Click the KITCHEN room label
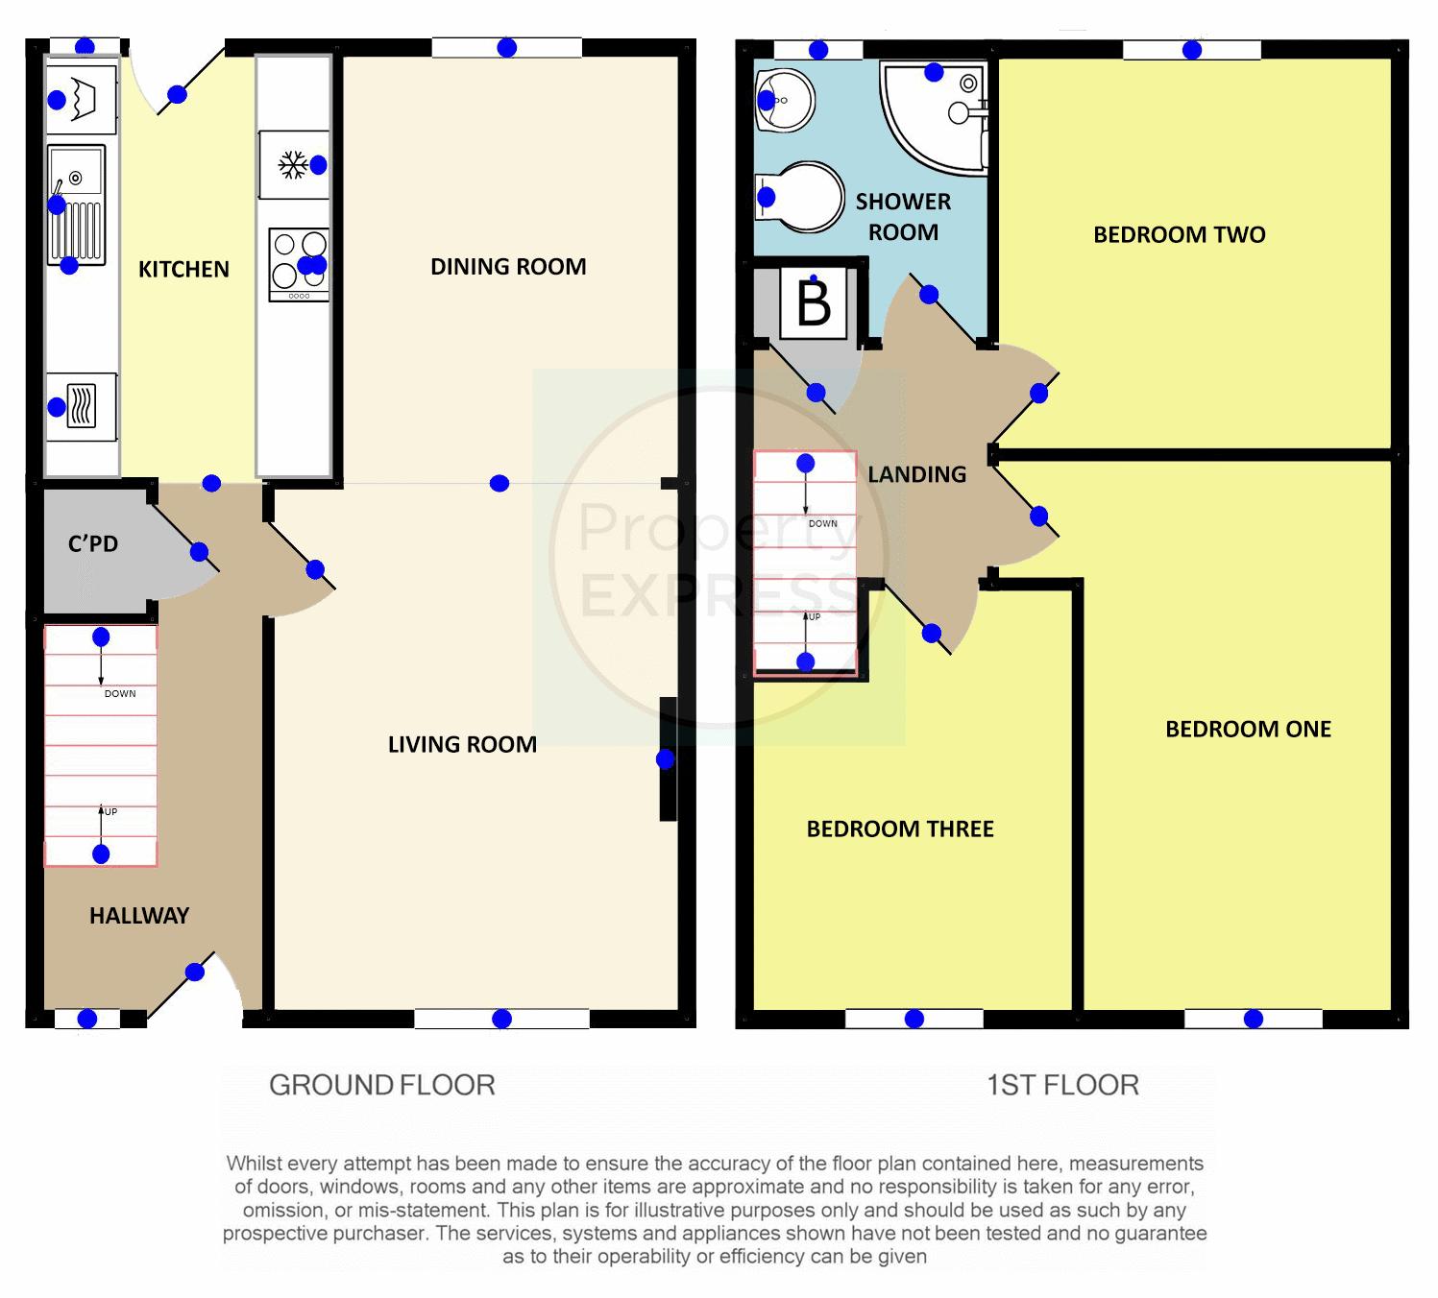point(183,270)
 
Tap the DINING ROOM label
point(508,267)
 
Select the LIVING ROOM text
point(462,745)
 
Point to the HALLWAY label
point(139,915)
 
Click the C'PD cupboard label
point(93,544)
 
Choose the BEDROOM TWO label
point(1180,234)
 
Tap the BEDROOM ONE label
point(1248,729)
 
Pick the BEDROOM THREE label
point(900,829)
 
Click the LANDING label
point(916,474)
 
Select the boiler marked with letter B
point(814,304)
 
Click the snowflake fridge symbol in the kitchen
point(293,165)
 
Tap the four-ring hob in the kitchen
point(299,264)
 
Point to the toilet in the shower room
point(799,197)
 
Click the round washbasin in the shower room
point(784,101)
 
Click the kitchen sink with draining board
point(76,204)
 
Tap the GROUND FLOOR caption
point(382,1085)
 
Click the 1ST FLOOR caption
point(1063,1085)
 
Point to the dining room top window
point(507,48)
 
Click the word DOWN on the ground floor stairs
point(120,694)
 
